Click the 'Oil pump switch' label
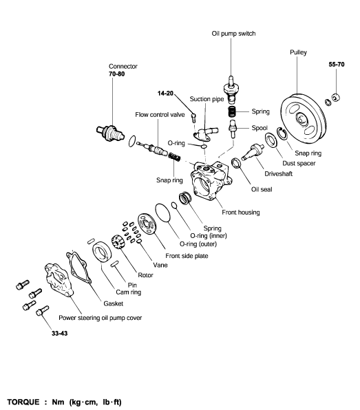tap(233, 34)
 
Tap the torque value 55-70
tap(337, 65)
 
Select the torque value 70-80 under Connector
tap(117, 74)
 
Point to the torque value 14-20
tap(165, 94)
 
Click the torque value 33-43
tap(60, 334)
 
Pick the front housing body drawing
tap(211, 180)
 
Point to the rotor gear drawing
tap(118, 242)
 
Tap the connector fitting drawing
tap(110, 133)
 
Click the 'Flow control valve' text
tap(160, 115)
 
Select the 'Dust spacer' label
tap(299, 164)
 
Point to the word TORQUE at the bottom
tap(23, 402)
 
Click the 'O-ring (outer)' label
tap(198, 244)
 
